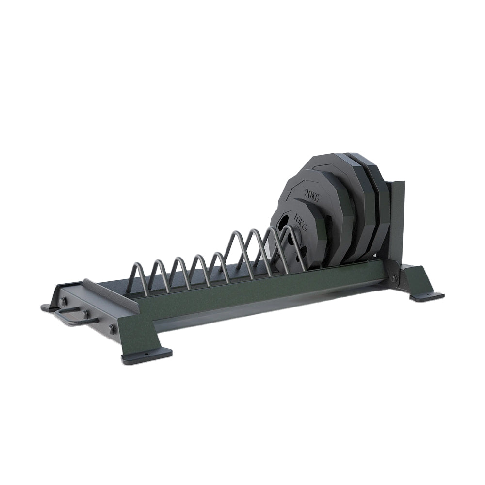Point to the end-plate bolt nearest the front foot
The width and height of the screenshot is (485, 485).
(112, 329)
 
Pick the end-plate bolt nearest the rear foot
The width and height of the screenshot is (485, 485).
(64, 301)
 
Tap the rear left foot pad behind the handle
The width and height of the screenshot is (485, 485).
(48, 307)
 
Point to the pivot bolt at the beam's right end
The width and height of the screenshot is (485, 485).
(393, 278)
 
